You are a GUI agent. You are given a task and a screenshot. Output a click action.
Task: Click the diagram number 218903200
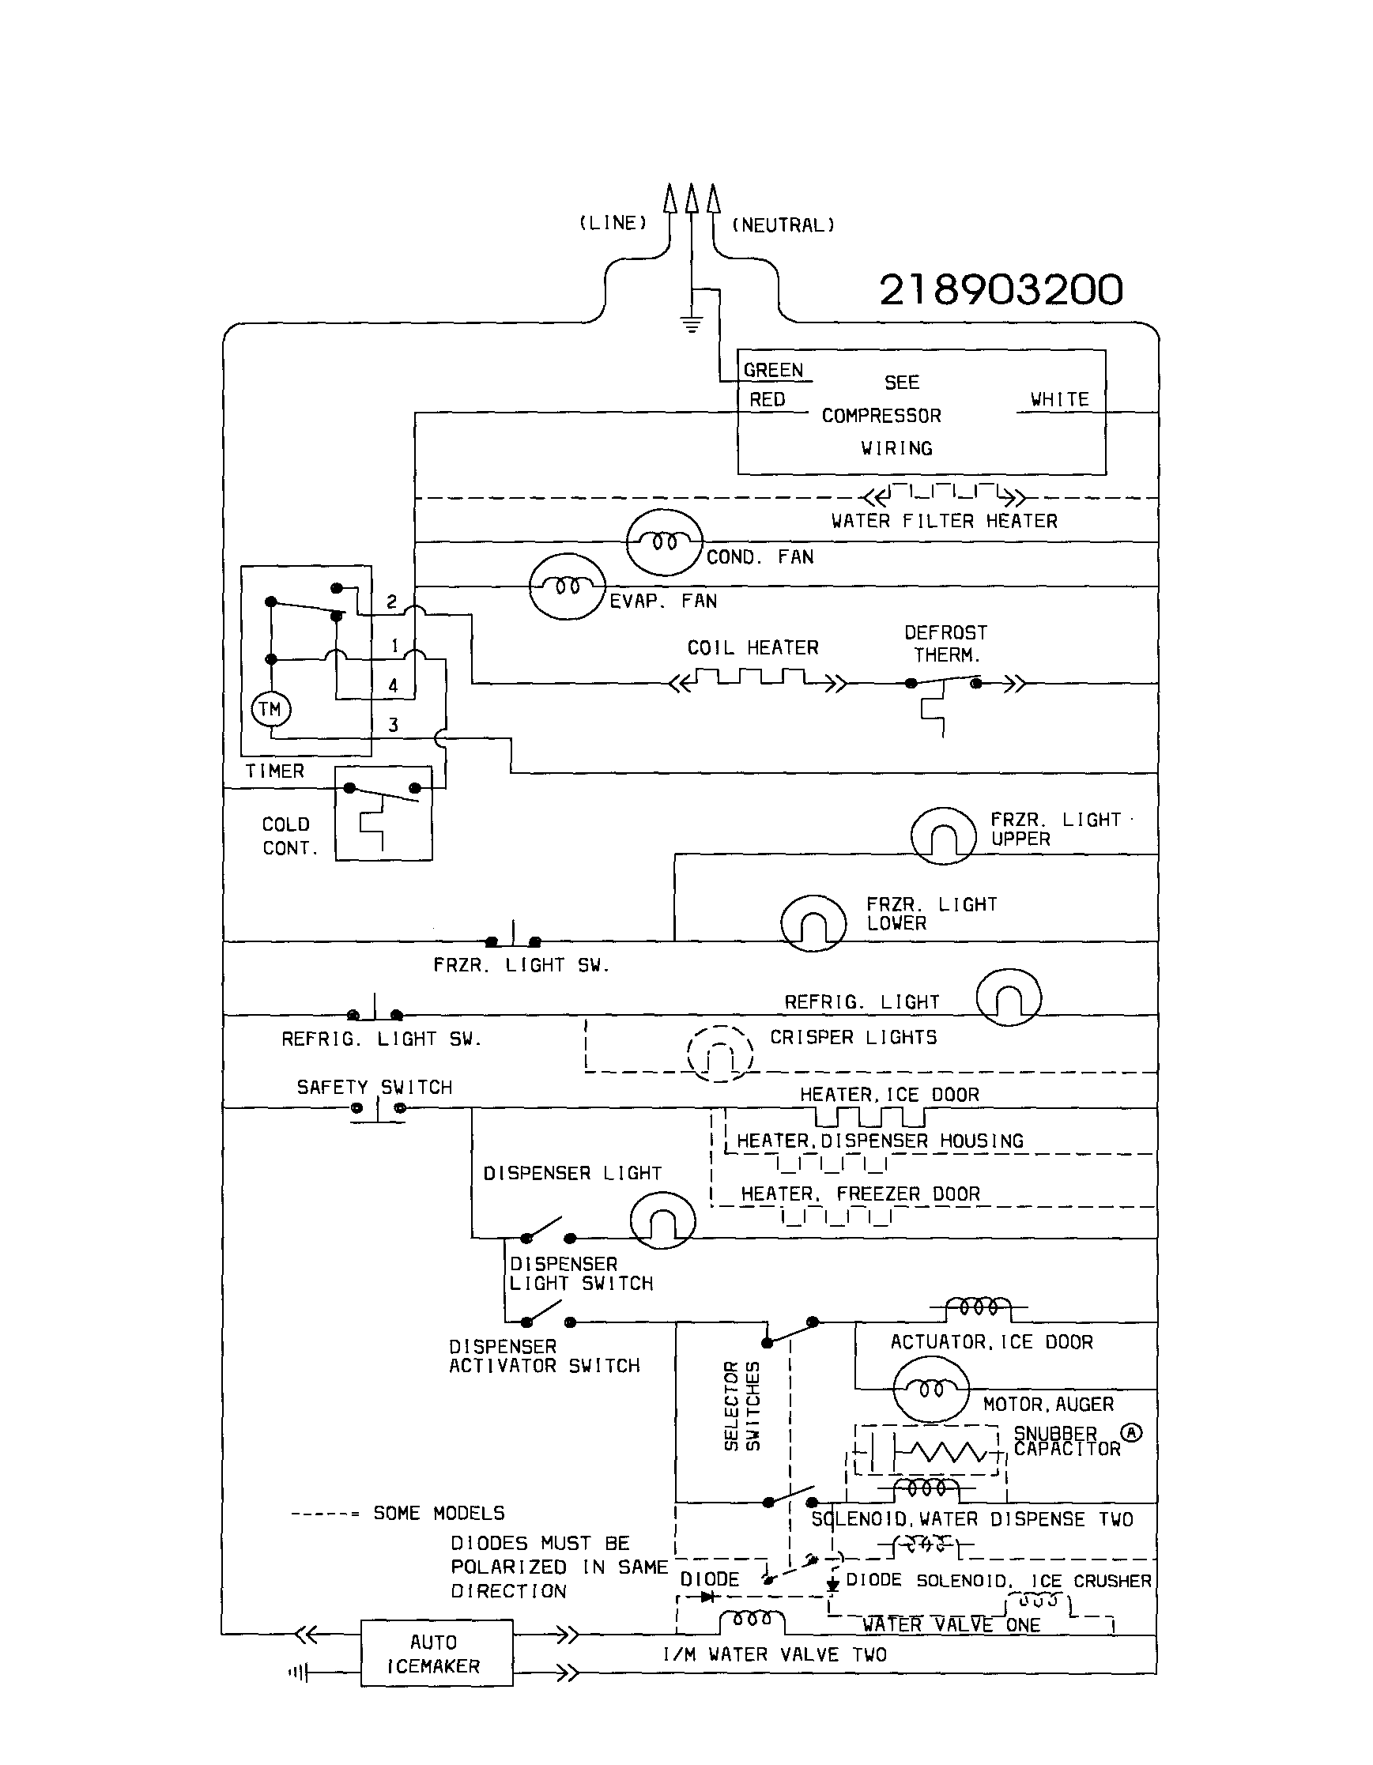tap(1001, 289)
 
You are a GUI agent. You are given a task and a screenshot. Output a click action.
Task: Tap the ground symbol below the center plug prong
tap(692, 326)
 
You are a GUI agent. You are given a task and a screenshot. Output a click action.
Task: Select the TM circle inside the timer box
tap(270, 710)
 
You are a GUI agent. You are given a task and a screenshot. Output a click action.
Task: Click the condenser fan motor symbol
tap(664, 542)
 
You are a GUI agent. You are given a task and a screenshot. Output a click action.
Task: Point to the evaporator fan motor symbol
tap(567, 586)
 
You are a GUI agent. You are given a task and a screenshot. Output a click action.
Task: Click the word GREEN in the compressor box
tap(773, 370)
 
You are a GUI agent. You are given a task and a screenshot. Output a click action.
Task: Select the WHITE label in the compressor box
tap(1059, 399)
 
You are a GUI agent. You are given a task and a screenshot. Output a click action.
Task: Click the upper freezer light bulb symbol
tap(942, 836)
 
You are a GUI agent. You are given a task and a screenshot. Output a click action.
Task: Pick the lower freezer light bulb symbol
tap(813, 923)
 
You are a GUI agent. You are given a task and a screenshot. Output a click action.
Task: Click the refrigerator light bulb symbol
tap(1009, 998)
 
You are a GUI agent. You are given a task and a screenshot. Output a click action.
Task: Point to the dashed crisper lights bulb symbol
tap(720, 1053)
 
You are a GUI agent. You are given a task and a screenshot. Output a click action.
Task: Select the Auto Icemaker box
tap(436, 1653)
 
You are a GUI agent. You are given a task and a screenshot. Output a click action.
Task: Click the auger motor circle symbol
tap(930, 1389)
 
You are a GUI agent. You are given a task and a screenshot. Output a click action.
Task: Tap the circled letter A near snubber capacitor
tap(1132, 1433)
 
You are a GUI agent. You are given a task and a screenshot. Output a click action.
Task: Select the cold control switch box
tap(384, 813)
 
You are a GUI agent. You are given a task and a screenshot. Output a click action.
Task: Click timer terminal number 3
tap(393, 725)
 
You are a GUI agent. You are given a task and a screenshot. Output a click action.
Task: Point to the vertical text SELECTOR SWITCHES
tap(742, 1406)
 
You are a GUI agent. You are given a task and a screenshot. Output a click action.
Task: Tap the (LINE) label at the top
tap(613, 223)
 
